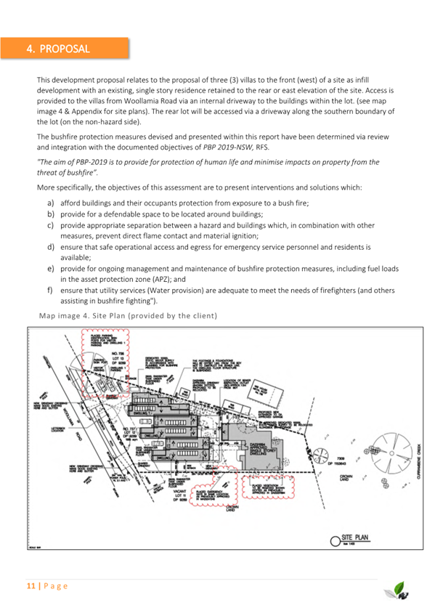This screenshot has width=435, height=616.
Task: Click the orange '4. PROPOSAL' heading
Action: pos(58,49)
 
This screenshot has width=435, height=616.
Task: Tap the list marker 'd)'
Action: pos(52,247)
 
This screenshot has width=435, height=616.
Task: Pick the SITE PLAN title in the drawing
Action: pos(356,538)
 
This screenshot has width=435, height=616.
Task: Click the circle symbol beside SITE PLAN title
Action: pos(335,539)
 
